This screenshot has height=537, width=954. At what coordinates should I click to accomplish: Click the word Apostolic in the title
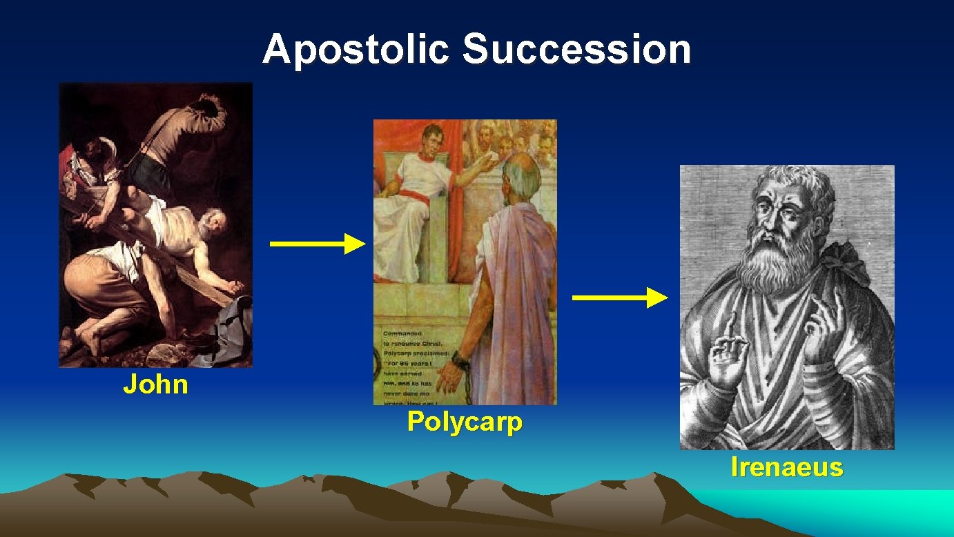[x=355, y=50]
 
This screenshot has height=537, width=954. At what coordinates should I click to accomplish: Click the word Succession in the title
[x=576, y=50]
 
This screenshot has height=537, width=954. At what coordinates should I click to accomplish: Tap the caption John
[x=155, y=384]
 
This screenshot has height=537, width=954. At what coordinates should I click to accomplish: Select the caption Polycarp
[x=465, y=421]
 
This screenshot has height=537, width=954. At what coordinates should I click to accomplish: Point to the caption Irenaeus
[x=787, y=468]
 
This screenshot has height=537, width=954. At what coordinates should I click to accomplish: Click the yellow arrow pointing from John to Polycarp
[x=317, y=244]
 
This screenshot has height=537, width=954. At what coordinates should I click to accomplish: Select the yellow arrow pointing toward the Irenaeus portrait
[x=620, y=297]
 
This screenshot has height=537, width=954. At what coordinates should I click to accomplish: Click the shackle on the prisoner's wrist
[x=457, y=358]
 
